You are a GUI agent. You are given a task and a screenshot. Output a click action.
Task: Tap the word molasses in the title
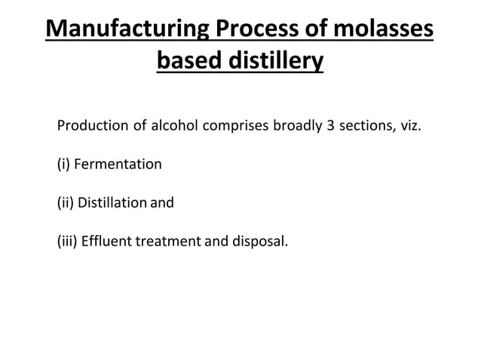pos(387,31)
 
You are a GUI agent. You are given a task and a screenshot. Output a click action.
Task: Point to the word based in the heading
pos(192,60)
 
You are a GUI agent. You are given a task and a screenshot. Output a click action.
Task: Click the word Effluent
pos(106,243)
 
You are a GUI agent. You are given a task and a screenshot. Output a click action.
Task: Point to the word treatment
pos(164,243)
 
